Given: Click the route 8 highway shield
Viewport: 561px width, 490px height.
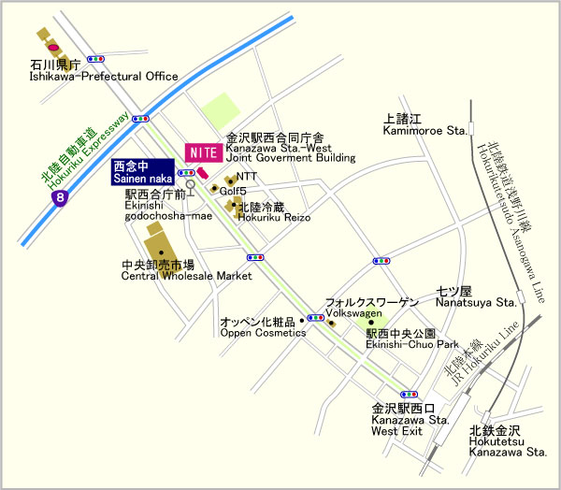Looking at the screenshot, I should tap(61, 198).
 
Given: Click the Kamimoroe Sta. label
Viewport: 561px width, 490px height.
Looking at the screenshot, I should tap(424, 125).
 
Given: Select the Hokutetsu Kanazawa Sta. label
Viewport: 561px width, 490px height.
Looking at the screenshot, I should tap(508, 444).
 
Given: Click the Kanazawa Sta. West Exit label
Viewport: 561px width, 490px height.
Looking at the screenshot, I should tap(403, 420).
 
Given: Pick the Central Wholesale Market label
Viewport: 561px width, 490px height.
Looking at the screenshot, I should tap(187, 271).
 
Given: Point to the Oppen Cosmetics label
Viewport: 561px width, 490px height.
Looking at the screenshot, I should tap(263, 326).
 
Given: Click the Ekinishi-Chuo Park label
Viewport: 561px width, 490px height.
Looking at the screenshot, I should tap(411, 339).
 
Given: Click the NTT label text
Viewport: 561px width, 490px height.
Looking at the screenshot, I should tap(246, 175).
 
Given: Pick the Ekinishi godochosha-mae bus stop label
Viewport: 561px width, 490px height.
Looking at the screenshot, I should tap(168, 206).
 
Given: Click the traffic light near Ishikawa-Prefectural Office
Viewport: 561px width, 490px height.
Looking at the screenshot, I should tap(94, 58).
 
